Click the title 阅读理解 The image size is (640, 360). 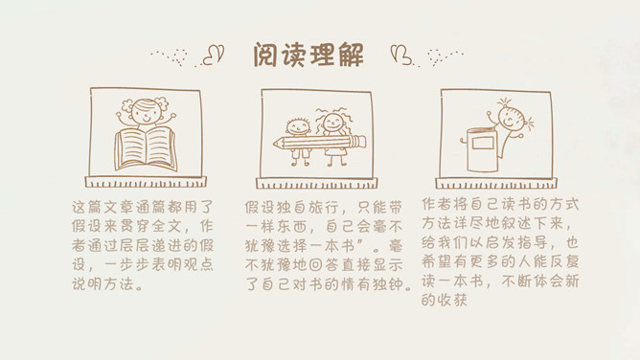point(309,55)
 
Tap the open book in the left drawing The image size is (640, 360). point(146,149)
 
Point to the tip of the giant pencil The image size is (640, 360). point(274,144)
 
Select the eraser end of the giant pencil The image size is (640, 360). point(361,141)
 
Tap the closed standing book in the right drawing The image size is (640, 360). point(480,149)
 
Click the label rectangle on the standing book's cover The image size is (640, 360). point(483,143)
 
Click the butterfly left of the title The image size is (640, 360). point(214,55)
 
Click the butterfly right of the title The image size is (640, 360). point(401,55)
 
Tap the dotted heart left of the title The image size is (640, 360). point(179,57)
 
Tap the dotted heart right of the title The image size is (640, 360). point(435,56)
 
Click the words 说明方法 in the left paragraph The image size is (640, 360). point(103,283)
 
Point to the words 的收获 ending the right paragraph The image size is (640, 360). point(445,300)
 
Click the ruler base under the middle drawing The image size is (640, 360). point(317,184)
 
